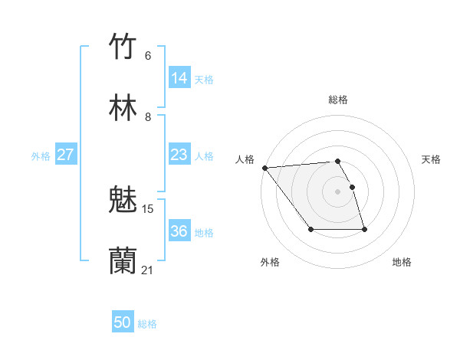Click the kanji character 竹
(x=123, y=46)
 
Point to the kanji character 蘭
(x=123, y=260)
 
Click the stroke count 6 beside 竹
(x=148, y=56)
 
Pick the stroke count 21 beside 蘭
(x=148, y=270)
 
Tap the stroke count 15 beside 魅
(x=148, y=208)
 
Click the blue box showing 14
(x=179, y=78)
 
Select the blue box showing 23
(x=179, y=155)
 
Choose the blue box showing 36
(x=179, y=231)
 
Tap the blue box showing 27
(x=66, y=155)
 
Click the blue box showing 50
(x=123, y=322)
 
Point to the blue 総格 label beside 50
(x=147, y=324)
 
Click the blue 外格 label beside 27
(x=41, y=156)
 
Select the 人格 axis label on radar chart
(x=245, y=159)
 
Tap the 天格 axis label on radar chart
(x=431, y=159)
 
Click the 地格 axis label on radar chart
(x=402, y=262)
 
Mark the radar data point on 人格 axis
(x=264, y=168)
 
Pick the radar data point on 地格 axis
(x=364, y=230)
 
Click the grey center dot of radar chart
(x=337, y=191)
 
